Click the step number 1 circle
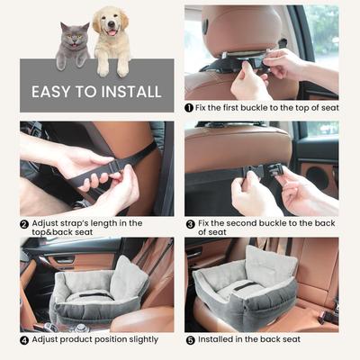pyautogui.click(x=190, y=107)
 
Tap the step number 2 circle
pyautogui.click(x=24, y=222)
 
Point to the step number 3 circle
pyautogui.click(x=190, y=222)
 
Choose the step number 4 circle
pyautogui.click(x=24, y=339)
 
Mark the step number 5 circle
pyautogui.click(x=190, y=339)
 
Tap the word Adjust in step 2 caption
pyautogui.click(x=48, y=222)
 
